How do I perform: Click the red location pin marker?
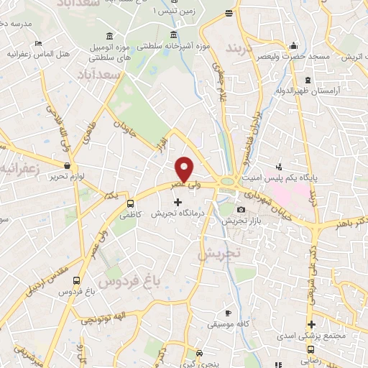pos(185,169)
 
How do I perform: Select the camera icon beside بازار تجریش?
pos(240,209)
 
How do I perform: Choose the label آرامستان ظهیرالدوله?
pos(307,91)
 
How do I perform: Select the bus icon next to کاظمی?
pos(131,203)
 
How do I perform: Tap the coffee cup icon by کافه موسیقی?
pos(228,313)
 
